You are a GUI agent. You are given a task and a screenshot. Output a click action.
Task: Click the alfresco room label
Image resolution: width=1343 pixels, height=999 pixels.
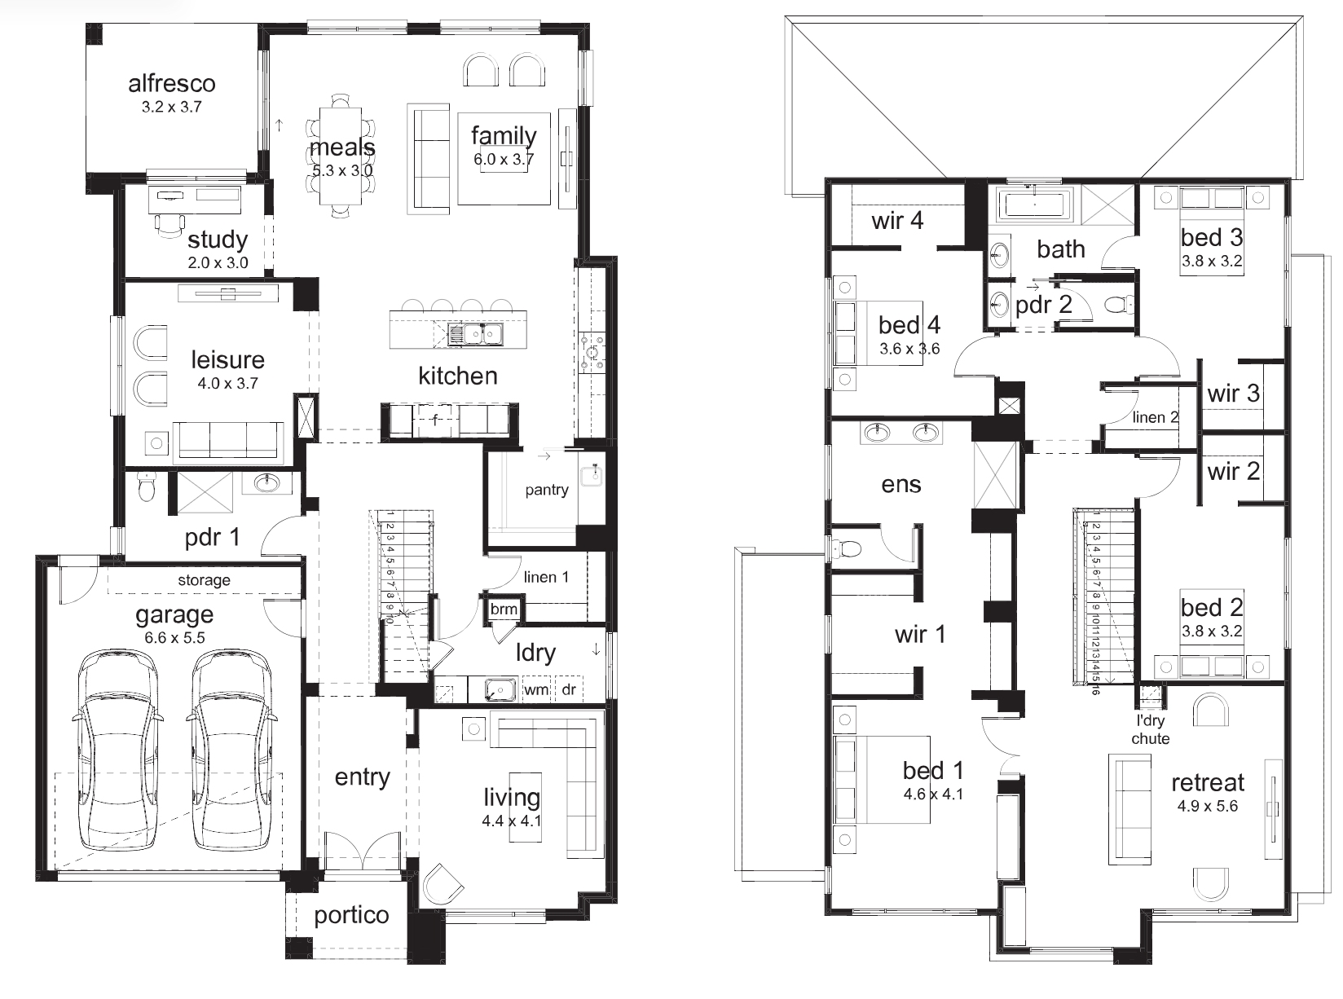click(x=172, y=84)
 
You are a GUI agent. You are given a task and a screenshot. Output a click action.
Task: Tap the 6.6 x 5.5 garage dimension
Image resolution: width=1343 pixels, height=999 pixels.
click(x=174, y=637)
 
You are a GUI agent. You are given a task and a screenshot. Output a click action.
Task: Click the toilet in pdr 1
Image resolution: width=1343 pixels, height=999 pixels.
click(x=146, y=486)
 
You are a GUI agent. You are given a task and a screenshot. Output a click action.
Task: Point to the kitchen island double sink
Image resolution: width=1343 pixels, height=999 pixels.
click(x=475, y=334)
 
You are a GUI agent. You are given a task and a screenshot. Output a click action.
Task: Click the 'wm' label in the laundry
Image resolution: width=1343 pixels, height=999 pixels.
click(x=536, y=689)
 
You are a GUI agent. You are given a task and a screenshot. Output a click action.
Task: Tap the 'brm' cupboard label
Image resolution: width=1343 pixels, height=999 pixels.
click(x=504, y=609)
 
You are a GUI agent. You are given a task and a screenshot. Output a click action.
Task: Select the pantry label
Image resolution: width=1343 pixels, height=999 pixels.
click(x=547, y=490)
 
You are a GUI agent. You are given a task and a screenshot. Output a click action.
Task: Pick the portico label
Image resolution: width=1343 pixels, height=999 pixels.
click(x=351, y=915)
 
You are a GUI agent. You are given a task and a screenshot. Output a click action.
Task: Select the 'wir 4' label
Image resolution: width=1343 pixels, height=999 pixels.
click(x=897, y=221)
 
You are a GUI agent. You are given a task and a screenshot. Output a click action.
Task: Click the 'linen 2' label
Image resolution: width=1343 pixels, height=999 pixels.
click(x=1156, y=417)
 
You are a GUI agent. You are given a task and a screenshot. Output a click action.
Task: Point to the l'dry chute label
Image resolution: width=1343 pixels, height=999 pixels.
click(x=1151, y=729)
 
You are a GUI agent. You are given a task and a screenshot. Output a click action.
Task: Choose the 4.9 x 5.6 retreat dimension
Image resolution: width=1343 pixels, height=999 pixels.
click(x=1208, y=806)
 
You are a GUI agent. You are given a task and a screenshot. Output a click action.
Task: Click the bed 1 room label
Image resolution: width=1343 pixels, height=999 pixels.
click(x=932, y=771)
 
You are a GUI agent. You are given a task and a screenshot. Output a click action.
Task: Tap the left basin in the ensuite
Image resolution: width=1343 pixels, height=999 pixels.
click(x=877, y=433)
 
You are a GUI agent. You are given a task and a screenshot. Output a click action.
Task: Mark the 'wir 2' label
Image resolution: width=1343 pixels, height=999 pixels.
click(x=1234, y=472)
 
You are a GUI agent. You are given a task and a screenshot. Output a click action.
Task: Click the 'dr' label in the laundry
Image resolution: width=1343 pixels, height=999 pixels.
click(x=568, y=689)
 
